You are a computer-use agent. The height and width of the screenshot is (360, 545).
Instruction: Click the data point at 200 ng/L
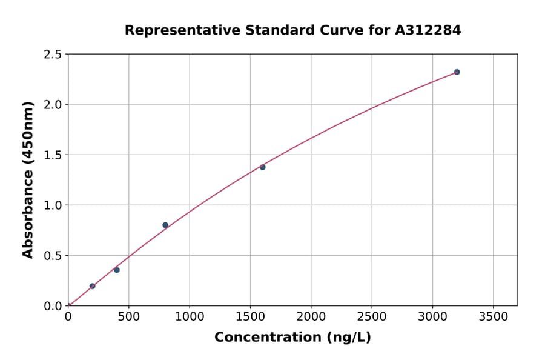point(92,286)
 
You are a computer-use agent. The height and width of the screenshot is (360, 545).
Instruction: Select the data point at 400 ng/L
point(117,270)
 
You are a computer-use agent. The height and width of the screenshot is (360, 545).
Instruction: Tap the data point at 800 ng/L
point(165,225)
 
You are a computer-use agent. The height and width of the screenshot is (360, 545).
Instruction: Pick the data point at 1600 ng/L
point(262,167)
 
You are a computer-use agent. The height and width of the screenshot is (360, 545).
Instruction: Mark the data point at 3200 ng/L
point(457,72)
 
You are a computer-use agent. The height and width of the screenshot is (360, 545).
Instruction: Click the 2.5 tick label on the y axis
point(52,55)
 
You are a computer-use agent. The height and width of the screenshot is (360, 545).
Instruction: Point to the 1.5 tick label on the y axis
point(52,155)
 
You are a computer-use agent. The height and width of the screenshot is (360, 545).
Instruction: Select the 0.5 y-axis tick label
point(52,256)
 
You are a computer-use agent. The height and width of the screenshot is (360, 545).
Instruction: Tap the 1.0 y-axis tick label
point(52,205)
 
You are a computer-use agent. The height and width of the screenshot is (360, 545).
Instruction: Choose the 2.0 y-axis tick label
point(52,105)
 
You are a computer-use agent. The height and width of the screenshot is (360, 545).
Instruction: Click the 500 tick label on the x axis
point(128,317)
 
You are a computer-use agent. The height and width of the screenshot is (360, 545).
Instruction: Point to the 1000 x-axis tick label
point(190,317)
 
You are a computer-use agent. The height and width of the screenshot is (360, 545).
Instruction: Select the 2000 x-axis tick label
point(311,317)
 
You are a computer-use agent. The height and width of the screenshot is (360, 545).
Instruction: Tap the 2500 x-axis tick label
point(372,317)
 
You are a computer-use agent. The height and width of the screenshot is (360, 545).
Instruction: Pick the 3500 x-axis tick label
point(493,317)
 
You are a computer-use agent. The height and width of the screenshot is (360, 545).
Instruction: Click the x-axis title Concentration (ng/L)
point(292,338)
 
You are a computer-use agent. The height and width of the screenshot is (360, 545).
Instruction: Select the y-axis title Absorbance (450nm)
point(28,180)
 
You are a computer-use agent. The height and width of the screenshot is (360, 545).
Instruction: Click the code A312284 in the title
point(428,30)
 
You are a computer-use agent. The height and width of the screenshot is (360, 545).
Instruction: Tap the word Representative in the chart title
point(182,30)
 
